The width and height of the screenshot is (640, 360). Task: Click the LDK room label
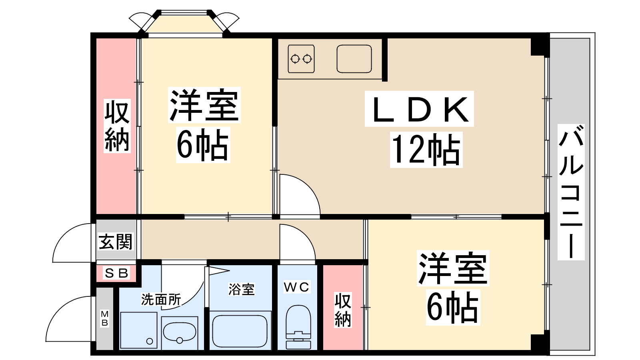(419, 109)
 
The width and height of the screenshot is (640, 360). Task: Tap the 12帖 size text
(426, 150)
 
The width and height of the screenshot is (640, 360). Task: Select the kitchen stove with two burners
(301, 59)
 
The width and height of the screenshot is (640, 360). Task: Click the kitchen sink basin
(354, 59)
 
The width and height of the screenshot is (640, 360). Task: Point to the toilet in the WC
(298, 327)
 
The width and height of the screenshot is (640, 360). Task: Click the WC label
(296, 287)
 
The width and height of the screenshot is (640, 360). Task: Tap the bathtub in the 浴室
(240, 332)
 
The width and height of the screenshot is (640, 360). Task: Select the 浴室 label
(242, 289)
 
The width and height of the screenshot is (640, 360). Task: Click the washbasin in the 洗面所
(180, 332)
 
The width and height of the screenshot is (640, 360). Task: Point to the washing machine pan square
(138, 330)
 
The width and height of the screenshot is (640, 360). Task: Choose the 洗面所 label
(161, 300)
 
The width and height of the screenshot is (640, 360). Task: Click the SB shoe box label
(116, 273)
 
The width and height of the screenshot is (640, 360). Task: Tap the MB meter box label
(104, 318)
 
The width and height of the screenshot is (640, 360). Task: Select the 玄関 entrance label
(116, 242)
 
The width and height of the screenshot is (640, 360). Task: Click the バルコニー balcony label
(571, 192)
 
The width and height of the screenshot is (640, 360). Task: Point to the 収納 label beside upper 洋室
(117, 126)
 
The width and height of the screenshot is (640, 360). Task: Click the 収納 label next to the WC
(342, 310)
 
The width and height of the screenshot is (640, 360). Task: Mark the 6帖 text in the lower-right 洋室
(452, 307)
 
